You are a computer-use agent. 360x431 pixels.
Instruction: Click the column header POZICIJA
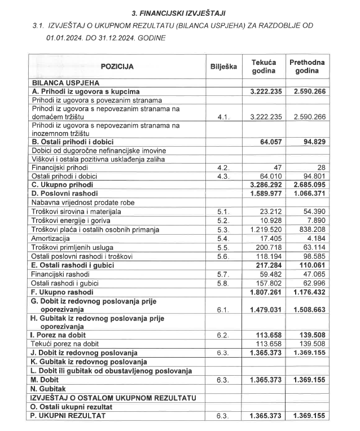(117, 67)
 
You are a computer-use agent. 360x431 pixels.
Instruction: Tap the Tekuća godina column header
(263, 67)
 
